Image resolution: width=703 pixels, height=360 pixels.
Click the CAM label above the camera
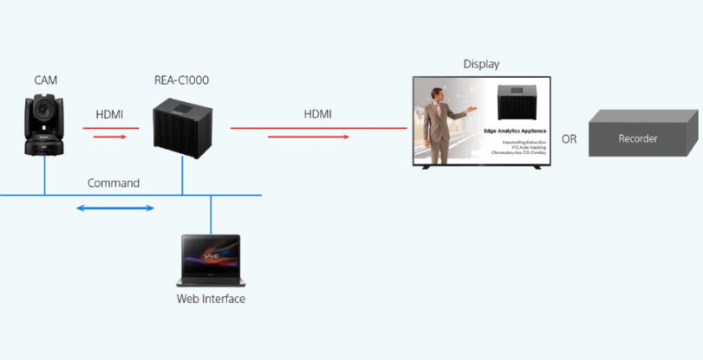click(x=45, y=80)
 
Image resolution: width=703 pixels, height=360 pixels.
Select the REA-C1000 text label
click(x=182, y=80)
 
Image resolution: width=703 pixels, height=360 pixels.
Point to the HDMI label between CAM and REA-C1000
click(x=110, y=114)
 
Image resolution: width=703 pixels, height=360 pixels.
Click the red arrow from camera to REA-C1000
click(x=110, y=128)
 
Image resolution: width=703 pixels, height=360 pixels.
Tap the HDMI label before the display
click(x=318, y=114)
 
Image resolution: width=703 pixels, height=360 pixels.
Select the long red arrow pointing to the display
click(x=319, y=128)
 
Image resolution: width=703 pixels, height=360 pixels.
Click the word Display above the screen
click(x=482, y=64)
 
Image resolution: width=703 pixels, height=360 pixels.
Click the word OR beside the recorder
click(x=569, y=139)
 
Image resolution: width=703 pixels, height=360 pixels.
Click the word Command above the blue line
click(x=114, y=183)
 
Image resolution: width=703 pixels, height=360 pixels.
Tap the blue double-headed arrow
click(x=115, y=208)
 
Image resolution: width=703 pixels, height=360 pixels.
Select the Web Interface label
click(x=211, y=298)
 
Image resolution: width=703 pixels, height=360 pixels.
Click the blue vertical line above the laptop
click(x=211, y=214)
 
